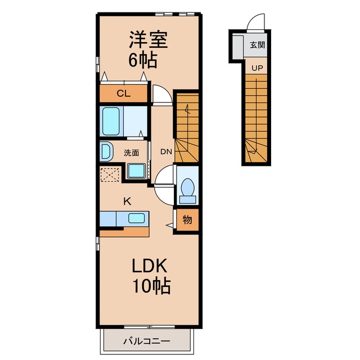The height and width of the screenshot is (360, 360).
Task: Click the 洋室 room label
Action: point(148,39)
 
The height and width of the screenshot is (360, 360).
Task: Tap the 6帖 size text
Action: point(142,60)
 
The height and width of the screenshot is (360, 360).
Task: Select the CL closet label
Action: point(124,93)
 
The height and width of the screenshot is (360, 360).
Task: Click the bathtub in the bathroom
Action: point(111,121)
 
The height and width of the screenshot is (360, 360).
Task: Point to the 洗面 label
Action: point(131,152)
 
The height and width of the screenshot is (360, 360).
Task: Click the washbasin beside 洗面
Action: point(106,151)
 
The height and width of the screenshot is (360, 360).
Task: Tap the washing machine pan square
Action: point(136,170)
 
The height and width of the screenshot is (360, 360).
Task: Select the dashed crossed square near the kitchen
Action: point(110,174)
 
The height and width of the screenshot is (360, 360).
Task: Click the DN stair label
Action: point(166,151)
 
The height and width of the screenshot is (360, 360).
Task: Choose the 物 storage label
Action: point(187,220)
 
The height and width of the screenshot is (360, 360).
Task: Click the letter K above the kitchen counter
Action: point(127,201)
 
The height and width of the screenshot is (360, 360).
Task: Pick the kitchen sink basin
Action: point(136,218)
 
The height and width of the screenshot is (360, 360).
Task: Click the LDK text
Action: point(149,265)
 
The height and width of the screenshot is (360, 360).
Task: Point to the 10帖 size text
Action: point(151,286)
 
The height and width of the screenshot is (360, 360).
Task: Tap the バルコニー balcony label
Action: point(147,341)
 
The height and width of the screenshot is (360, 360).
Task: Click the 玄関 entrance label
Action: point(257,45)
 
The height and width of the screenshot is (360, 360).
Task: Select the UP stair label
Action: point(257,68)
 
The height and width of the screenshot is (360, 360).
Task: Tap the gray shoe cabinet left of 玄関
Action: point(238,47)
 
